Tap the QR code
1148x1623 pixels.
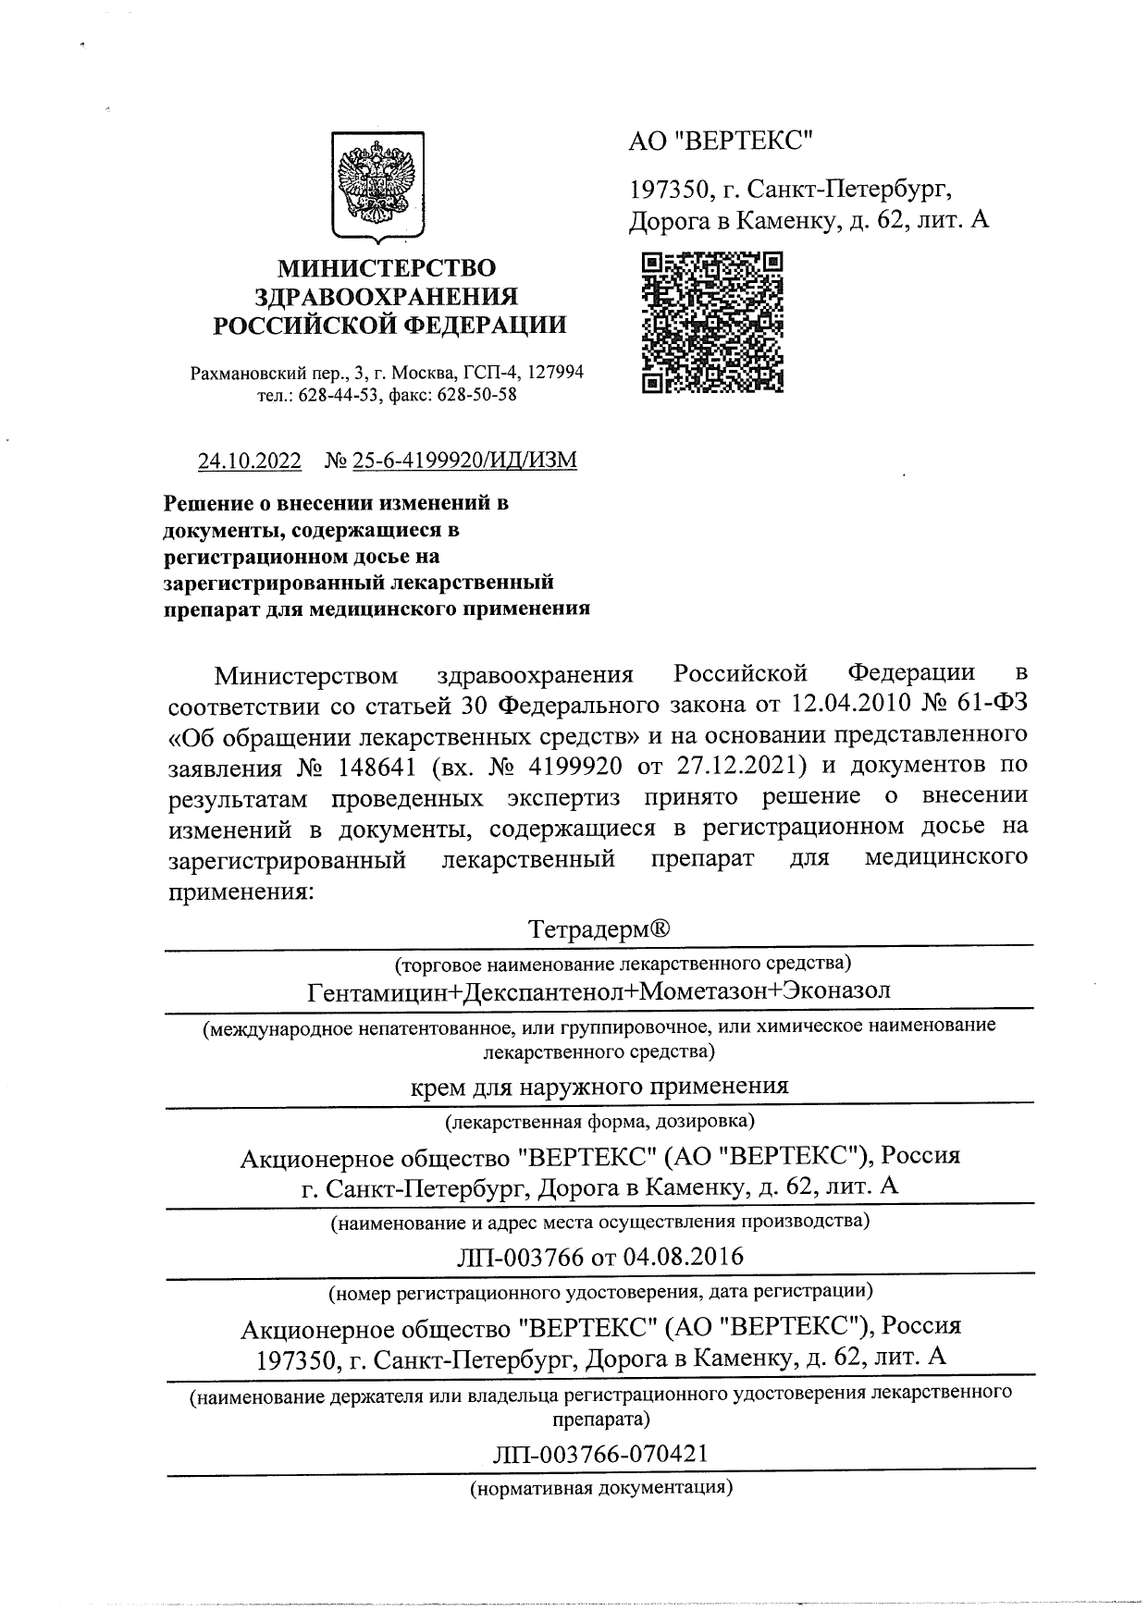712,322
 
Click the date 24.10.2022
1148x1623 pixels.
250,461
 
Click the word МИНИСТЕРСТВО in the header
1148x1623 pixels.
388,268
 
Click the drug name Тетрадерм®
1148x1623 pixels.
599,928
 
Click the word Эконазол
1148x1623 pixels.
836,991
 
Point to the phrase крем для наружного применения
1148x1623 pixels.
599,1087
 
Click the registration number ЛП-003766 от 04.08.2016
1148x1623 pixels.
599,1257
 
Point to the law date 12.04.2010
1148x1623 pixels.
847,705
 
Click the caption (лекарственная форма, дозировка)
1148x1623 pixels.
599,1122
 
